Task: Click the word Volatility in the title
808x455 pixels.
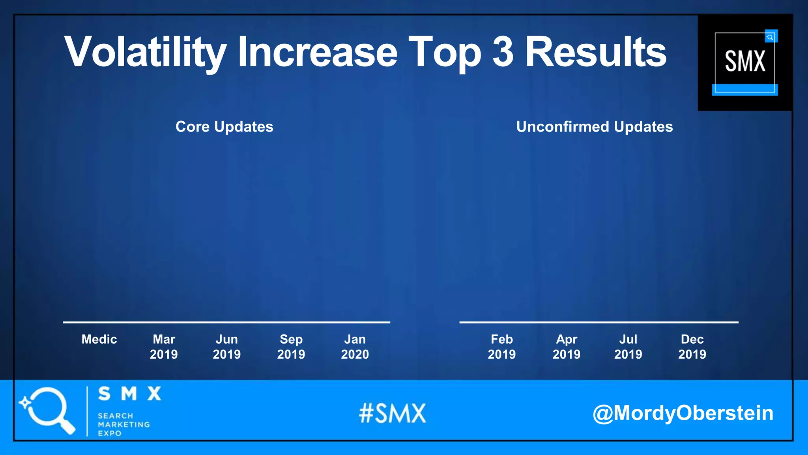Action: coord(145,52)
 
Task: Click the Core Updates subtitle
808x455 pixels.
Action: coord(224,127)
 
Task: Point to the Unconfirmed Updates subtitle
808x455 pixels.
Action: coord(594,127)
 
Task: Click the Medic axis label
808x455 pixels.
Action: coord(99,339)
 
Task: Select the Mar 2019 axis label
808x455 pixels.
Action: coord(164,347)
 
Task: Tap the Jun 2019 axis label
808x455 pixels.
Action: coord(227,347)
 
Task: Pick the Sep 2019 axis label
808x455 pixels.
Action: coord(291,347)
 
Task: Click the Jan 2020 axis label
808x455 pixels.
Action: coord(355,347)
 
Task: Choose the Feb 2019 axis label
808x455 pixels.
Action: coord(502,347)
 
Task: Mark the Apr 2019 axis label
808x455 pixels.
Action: coord(567,347)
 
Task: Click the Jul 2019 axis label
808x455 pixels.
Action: coord(628,347)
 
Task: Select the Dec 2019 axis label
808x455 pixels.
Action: coord(692,347)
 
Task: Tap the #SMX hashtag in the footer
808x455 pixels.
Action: coord(393,414)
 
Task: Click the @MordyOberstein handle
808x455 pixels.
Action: coord(683,413)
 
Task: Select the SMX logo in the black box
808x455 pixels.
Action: coord(745,62)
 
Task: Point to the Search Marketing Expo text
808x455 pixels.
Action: coord(123,425)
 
